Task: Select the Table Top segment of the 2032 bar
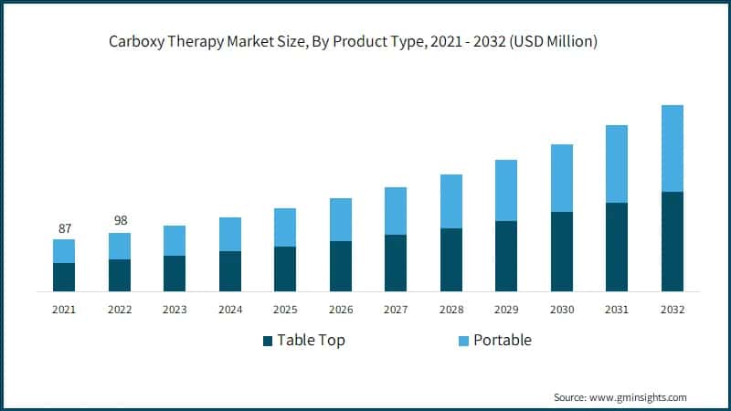coord(673,241)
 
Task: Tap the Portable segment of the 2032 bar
coord(673,148)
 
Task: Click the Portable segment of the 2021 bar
coord(64,251)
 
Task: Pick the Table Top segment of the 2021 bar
coord(64,277)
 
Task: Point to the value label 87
coord(64,228)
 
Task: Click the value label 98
coord(120,221)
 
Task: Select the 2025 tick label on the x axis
coord(285,310)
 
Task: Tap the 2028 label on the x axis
coord(451,310)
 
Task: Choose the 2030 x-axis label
coord(562,310)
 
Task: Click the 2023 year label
coord(175,310)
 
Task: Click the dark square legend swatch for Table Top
coord(268,341)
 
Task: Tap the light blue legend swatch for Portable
coord(463,341)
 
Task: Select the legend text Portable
coord(503,341)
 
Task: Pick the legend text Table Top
coord(312,341)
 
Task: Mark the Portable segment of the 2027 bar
coord(396,211)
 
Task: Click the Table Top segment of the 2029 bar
coord(506,256)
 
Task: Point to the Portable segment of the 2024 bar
coord(230,234)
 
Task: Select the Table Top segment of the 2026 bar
coord(341,266)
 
